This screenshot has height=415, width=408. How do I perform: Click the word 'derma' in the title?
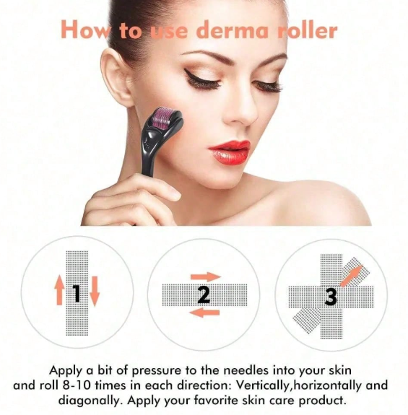click(233, 31)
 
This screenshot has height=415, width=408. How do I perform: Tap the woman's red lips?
click(230, 152)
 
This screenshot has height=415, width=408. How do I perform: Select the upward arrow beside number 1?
click(59, 290)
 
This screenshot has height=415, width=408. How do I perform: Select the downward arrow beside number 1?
click(95, 291)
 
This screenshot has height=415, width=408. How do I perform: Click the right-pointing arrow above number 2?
click(206, 277)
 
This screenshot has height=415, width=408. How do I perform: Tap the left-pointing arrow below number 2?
click(204, 313)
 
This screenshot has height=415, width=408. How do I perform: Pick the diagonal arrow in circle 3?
click(351, 276)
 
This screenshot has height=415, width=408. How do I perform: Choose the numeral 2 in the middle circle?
click(204, 295)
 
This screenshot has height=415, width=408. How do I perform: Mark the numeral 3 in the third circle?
click(331, 296)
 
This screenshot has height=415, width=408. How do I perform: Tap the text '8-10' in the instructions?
click(78, 385)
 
